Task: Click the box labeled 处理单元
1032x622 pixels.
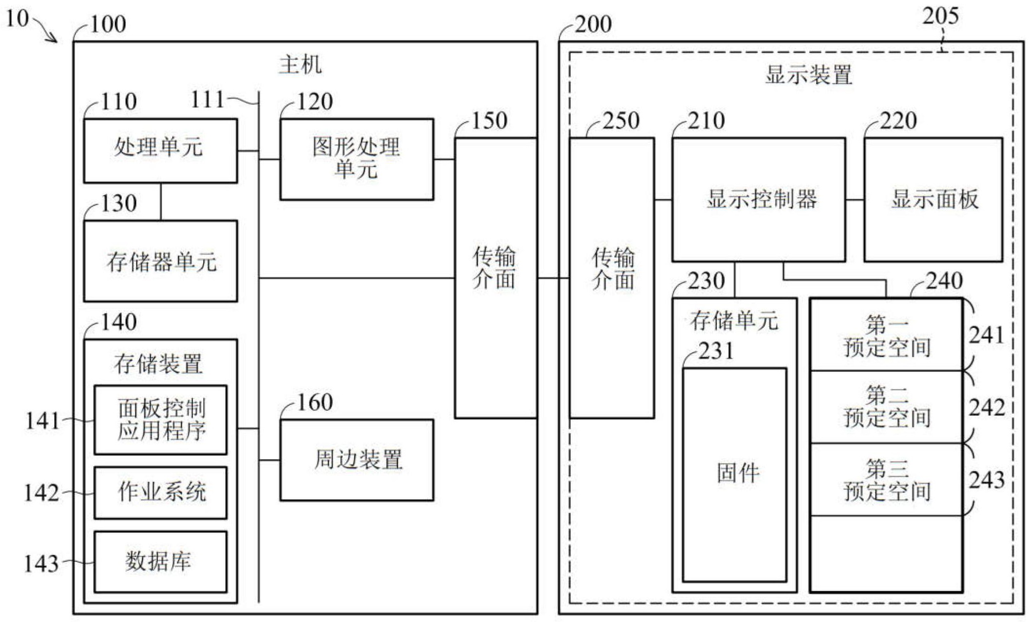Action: pos(160,151)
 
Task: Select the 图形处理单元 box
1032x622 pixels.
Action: pos(356,159)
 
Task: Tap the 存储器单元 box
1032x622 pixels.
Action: pos(160,261)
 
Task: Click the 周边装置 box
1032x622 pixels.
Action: pos(356,460)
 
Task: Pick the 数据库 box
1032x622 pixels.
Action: pos(160,562)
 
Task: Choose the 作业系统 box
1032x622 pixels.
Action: pos(160,492)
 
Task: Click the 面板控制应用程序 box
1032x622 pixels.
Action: pos(160,420)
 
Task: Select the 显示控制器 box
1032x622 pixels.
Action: pos(758,199)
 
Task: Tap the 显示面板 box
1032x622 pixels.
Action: pos(933,199)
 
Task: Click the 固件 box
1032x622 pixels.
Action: pos(734,474)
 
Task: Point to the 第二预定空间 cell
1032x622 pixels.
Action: pos(886,407)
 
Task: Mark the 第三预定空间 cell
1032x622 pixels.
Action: pos(886,479)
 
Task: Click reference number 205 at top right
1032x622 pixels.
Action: pos(940,17)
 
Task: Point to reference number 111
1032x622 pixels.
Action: pos(207,100)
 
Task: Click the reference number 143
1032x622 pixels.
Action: pos(41,564)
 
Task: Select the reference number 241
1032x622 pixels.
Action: pos(986,335)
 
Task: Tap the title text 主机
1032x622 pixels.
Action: pos(300,65)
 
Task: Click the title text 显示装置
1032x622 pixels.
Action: pos(808,76)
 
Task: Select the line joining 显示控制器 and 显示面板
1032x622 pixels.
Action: pos(855,199)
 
